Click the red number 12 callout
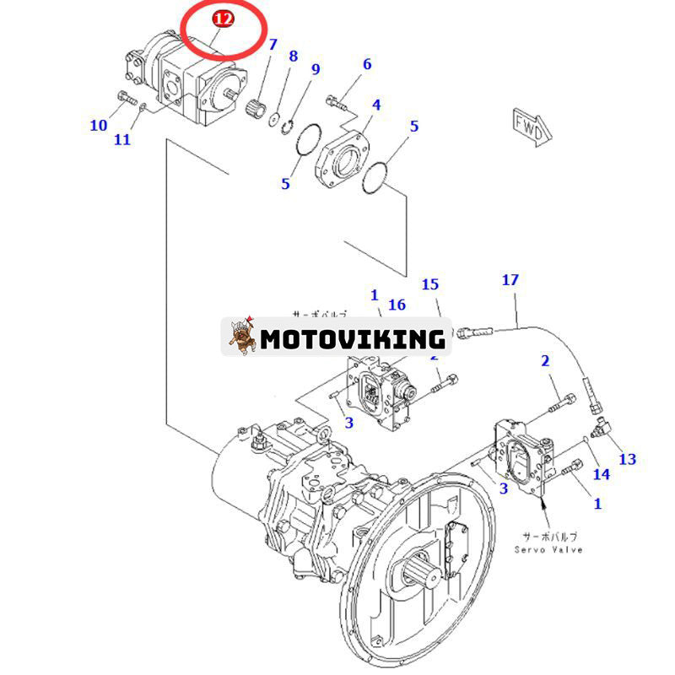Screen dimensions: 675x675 pyautogui.click(x=223, y=19)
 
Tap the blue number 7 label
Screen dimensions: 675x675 pyautogui.click(x=273, y=44)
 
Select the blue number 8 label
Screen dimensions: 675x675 pyautogui.click(x=293, y=57)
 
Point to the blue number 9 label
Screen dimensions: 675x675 pyautogui.click(x=316, y=69)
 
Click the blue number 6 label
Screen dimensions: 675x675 pyautogui.click(x=367, y=64)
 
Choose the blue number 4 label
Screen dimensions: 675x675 pyautogui.click(x=376, y=105)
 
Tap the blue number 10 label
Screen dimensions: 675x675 pyautogui.click(x=99, y=126)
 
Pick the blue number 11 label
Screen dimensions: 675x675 pyautogui.click(x=122, y=139)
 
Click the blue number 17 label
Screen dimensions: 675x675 pyautogui.click(x=510, y=279)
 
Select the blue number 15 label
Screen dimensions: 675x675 pyautogui.click(x=430, y=284)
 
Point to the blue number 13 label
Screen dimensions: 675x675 pyautogui.click(x=627, y=459)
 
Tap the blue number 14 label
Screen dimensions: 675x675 pyautogui.click(x=600, y=474)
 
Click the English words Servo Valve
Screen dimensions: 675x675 pyautogui.click(x=548, y=549)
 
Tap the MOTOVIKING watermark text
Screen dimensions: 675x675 pyautogui.click(x=352, y=339)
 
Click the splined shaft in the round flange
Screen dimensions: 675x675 pyautogui.click(x=424, y=582)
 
